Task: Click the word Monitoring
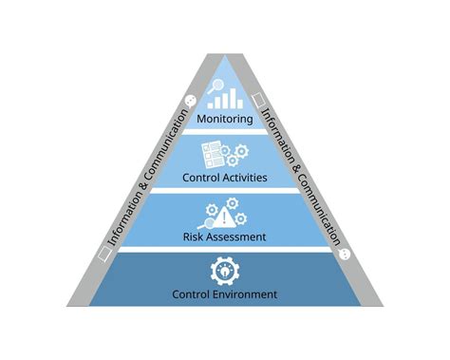225,120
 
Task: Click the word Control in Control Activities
202,177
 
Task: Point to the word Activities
245,177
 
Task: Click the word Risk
195,235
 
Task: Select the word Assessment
237,235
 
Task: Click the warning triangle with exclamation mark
225,212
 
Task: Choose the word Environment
246,294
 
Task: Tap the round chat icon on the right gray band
344,254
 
